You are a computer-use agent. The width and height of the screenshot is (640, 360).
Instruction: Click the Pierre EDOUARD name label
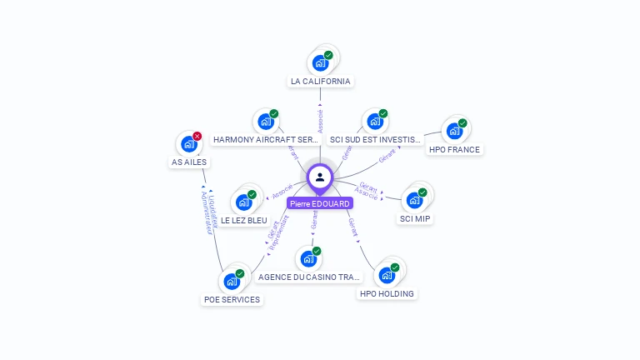click(x=320, y=203)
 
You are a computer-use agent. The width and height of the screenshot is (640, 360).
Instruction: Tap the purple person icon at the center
click(x=320, y=177)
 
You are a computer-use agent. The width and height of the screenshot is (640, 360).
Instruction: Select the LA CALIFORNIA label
click(x=320, y=82)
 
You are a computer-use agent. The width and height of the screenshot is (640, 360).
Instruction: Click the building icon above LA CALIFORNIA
click(x=319, y=62)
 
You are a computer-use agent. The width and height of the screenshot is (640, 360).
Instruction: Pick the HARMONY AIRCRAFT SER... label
click(x=266, y=139)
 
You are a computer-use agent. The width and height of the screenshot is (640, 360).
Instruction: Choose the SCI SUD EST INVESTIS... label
click(x=375, y=139)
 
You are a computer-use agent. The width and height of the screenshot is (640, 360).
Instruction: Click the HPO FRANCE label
click(x=454, y=150)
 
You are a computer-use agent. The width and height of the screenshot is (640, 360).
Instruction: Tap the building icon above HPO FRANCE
click(x=454, y=131)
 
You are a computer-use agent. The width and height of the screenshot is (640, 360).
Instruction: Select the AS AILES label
click(x=189, y=162)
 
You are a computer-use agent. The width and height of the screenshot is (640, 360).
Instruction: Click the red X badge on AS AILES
click(x=197, y=136)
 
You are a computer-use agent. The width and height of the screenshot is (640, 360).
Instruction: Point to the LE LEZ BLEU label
click(x=244, y=221)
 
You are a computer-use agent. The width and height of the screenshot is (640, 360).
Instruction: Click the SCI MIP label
click(x=415, y=219)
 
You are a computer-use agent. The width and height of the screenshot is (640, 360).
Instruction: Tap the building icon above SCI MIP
click(x=414, y=200)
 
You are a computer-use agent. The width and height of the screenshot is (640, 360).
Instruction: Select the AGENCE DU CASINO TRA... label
click(x=309, y=277)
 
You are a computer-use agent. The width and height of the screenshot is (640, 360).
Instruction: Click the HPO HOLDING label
click(x=387, y=293)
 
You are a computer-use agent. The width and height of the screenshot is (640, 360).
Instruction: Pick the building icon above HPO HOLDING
click(x=387, y=275)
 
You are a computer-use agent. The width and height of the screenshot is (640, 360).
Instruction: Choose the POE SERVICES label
click(x=232, y=300)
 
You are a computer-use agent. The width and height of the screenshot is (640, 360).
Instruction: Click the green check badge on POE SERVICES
click(x=240, y=273)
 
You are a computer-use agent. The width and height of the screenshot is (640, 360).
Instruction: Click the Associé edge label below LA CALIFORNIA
click(x=320, y=119)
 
